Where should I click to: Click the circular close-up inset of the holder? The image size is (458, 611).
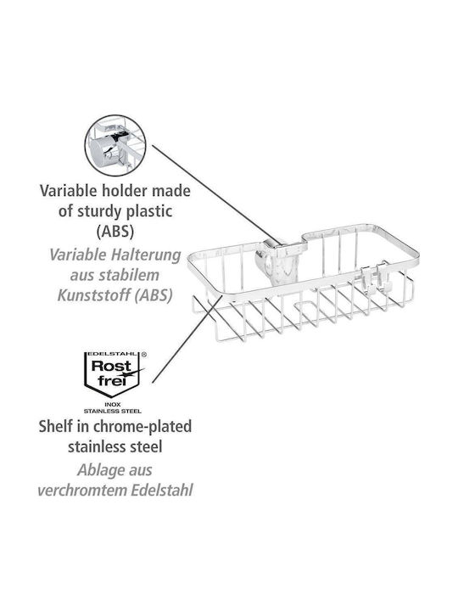pos(115,144)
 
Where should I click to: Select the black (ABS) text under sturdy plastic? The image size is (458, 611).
pos(115,232)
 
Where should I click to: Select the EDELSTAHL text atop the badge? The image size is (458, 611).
pos(112,354)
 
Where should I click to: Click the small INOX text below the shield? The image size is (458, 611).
pos(113,405)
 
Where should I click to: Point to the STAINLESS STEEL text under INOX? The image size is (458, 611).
pos(113,411)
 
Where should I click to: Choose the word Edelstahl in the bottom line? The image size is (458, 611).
pos(162,490)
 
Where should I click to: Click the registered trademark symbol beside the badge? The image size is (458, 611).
pos(143,355)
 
